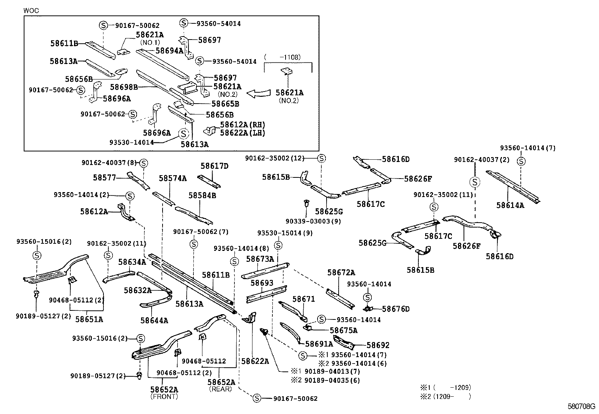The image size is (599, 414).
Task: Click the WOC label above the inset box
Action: click(x=31, y=11)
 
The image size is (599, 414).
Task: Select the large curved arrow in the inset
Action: click(x=260, y=93)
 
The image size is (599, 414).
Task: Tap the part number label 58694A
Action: click(x=169, y=50)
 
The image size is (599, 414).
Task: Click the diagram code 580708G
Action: click(x=581, y=406)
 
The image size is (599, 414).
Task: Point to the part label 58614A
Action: click(x=510, y=205)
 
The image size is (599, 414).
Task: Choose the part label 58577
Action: click(x=105, y=177)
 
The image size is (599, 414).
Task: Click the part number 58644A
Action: click(x=154, y=321)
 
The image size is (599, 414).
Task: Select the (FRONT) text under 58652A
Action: click(x=164, y=397)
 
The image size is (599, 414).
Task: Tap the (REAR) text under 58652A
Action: click(x=220, y=389)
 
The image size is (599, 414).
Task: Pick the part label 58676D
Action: click(x=395, y=309)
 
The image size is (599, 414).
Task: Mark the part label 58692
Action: click(x=378, y=345)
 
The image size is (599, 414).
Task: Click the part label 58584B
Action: click(x=202, y=196)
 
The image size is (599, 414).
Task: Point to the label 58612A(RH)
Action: click(x=242, y=125)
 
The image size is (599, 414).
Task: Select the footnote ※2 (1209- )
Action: click(x=445, y=396)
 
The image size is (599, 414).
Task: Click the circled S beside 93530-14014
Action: click(x=183, y=133)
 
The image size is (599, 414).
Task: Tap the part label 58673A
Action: click(x=260, y=259)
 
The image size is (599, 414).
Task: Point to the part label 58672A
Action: click(x=341, y=272)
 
